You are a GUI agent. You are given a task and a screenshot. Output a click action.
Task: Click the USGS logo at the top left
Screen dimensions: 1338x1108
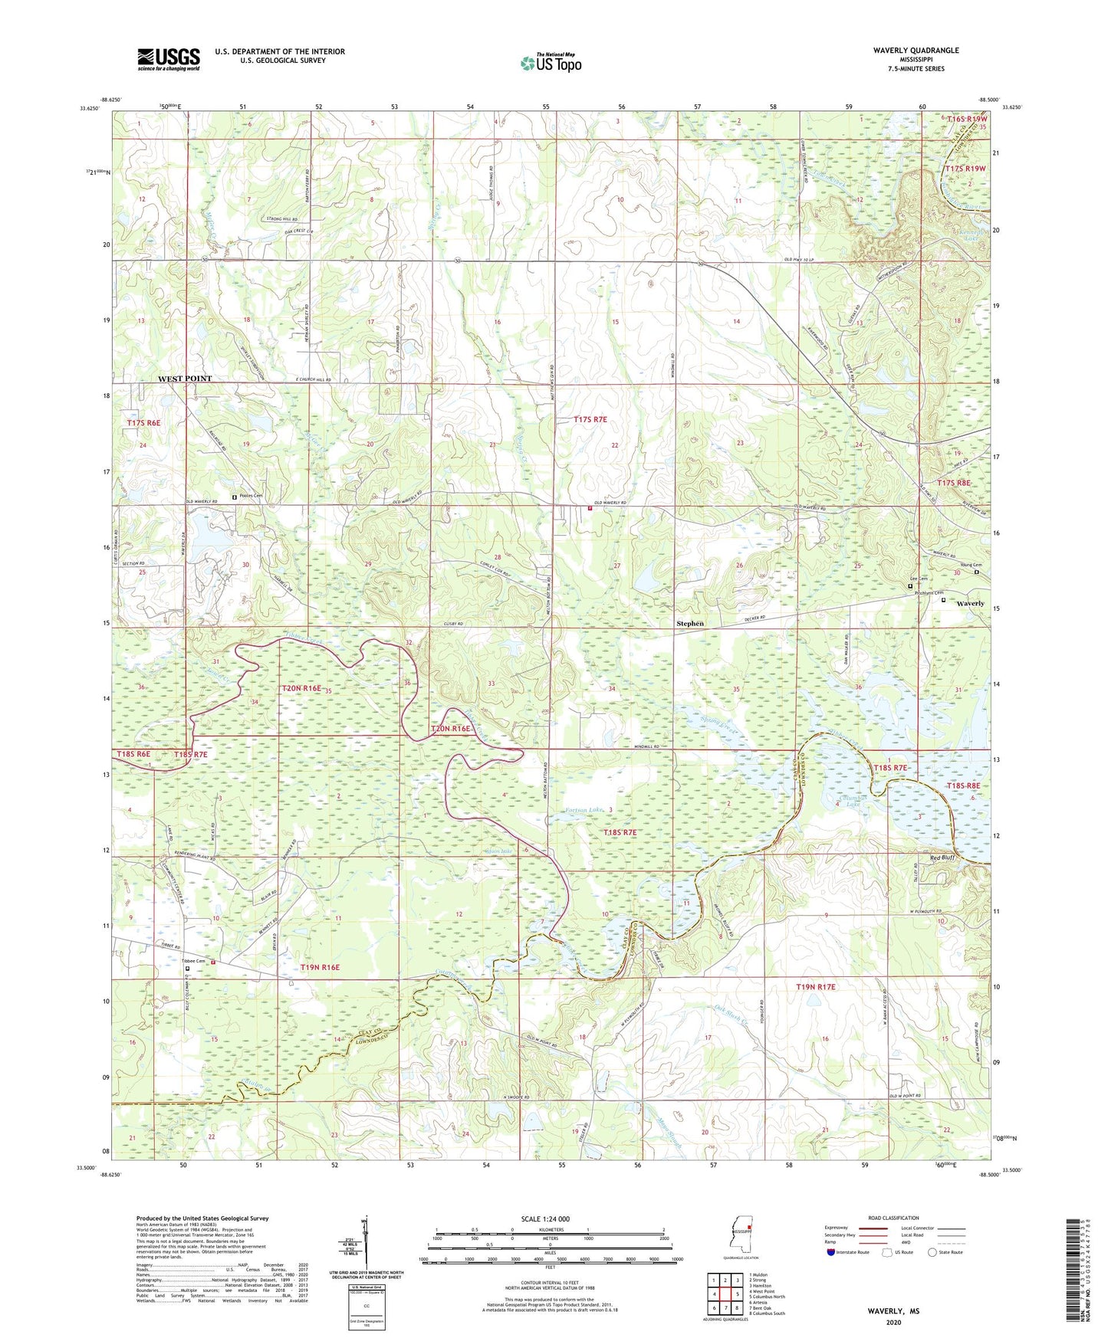coord(169,58)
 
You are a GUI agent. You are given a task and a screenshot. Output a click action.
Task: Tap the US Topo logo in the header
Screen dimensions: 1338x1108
coord(551,63)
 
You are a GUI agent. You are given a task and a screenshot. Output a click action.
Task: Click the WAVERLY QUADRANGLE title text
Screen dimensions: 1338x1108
coord(916,51)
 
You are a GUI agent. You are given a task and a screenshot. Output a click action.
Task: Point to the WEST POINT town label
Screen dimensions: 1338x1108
coord(184,379)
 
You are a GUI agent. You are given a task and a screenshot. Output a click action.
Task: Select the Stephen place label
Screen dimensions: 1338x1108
coord(689,623)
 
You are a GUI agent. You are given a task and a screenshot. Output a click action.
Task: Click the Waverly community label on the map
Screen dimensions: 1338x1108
coord(970,603)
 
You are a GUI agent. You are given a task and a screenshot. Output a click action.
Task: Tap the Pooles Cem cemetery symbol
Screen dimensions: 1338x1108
coord(235,497)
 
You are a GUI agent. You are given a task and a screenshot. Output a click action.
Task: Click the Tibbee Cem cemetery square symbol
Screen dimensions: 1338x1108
coord(188,968)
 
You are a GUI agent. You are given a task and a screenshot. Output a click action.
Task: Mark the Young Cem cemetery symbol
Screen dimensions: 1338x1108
coord(977,572)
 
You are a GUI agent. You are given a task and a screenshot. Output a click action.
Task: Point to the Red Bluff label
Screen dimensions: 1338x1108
coord(942,858)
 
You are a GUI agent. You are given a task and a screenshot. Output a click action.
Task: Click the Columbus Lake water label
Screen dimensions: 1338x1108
coord(851,801)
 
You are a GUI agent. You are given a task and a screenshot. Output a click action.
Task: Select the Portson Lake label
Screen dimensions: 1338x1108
coord(585,808)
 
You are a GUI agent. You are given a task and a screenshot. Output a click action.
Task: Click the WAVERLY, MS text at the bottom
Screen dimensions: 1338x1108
coord(893,1311)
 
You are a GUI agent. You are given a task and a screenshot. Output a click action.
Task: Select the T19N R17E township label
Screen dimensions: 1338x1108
coord(815,987)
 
